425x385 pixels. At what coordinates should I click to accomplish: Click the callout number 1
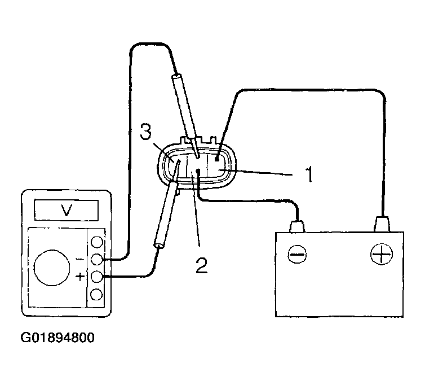pyautogui.click(x=309, y=174)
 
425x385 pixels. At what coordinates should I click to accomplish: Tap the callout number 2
pyautogui.click(x=201, y=265)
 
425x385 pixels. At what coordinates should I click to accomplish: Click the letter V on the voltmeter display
pyautogui.click(x=67, y=210)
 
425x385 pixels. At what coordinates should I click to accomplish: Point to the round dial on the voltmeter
pyautogui.click(x=52, y=268)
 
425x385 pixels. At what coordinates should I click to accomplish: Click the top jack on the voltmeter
pyautogui.click(x=97, y=242)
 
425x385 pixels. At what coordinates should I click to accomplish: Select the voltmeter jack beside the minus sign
pyautogui.click(x=97, y=260)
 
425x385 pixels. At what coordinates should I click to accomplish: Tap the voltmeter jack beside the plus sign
pyautogui.click(x=97, y=277)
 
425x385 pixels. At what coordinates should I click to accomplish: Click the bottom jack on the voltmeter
pyautogui.click(x=97, y=295)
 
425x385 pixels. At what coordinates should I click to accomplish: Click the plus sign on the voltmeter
pyautogui.click(x=80, y=277)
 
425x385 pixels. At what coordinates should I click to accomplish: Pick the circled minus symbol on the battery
pyautogui.click(x=298, y=255)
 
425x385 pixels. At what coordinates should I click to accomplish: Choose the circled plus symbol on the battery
pyautogui.click(x=382, y=255)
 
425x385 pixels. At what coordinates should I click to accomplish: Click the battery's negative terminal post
pyautogui.click(x=298, y=226)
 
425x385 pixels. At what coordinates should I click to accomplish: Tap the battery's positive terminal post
pyautogui.click(x=382, y=224)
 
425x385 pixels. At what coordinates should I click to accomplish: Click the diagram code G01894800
pyautogui.click(x=57, y=338)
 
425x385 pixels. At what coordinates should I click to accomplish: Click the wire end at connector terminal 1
pyautogui.click(x=217, y=159)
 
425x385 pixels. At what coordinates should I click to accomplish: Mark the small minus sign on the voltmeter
pyautogui.click(x=79, y=260)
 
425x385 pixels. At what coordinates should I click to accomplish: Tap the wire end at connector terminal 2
pyautogui.click(x=198, y=172)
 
